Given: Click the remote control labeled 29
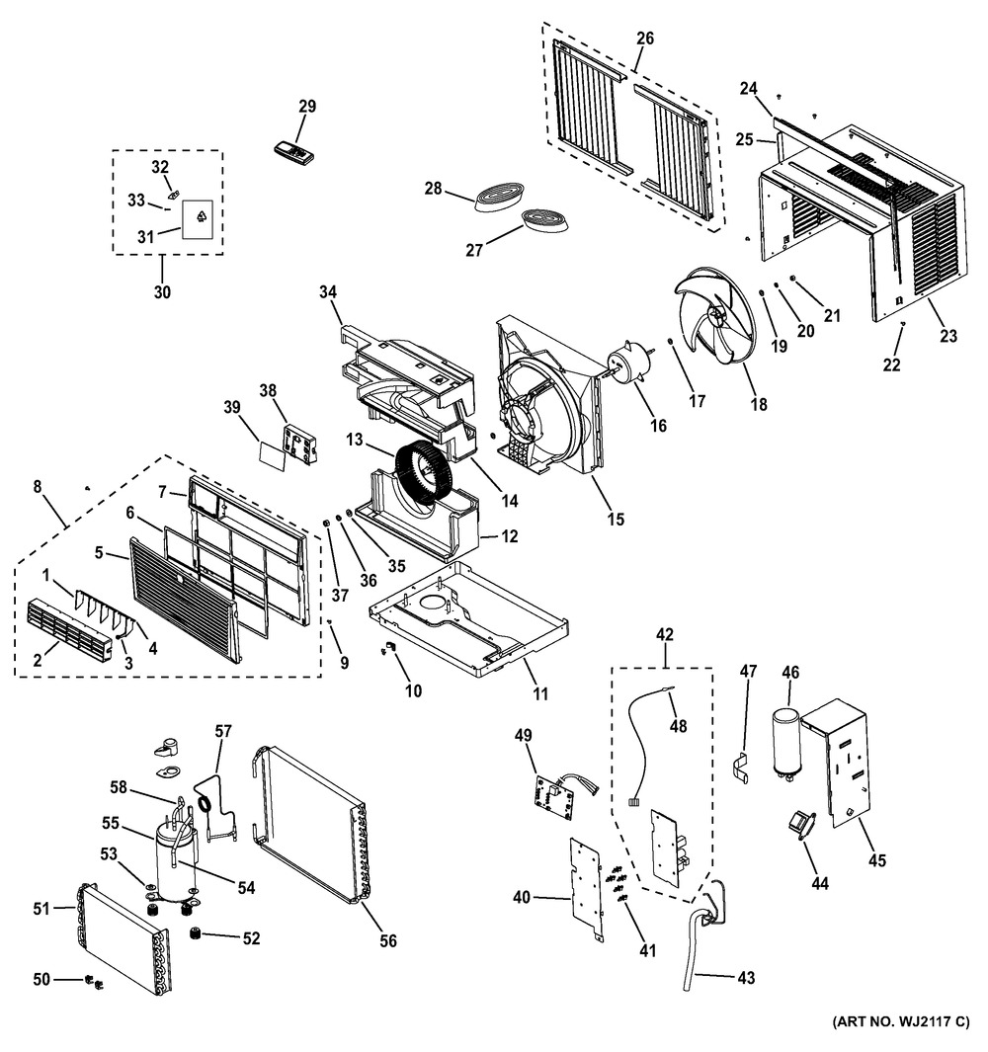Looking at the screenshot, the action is [294, 152].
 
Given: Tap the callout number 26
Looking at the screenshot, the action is [645, 39].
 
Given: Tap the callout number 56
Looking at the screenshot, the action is [388, 940].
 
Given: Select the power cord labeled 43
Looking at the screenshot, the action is [701, 935].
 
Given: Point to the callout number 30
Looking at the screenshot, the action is [162, 291].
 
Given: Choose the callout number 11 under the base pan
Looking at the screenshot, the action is [540, 693].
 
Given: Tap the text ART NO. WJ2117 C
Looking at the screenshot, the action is [901, 1021].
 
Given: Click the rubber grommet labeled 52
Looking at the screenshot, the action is [196, 932].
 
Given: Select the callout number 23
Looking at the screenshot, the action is [948, 336].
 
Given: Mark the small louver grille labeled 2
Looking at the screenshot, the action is [67, 631].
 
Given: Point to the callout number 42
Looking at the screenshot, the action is [665, 634].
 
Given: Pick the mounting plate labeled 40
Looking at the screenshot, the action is [585, 890].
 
